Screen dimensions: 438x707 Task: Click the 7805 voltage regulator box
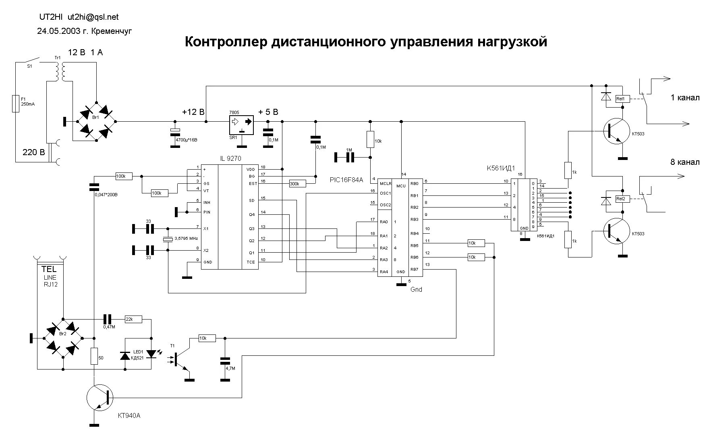coord(241,125)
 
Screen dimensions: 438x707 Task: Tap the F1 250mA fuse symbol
coord(16,104)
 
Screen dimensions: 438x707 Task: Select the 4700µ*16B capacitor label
coord(186,140)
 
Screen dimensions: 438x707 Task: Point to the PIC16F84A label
coord(346,180)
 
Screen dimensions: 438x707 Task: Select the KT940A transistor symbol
coord(99,397)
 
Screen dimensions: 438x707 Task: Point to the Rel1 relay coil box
coord(620,99)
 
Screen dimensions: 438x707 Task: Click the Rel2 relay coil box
coord(620,199)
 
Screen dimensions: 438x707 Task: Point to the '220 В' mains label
coord(34,152)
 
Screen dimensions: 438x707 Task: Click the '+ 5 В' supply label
coord(268,112)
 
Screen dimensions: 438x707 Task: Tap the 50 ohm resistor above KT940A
coord(94,356)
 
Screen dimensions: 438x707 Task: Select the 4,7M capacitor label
coord(230,368)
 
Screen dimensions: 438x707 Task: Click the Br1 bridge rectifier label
coord(95,116)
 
